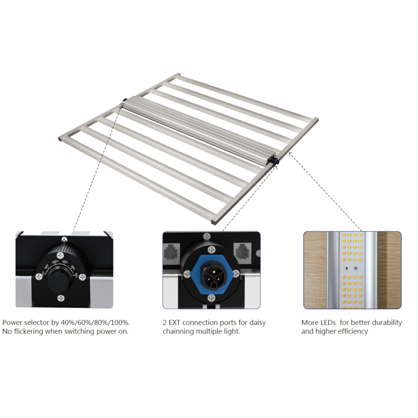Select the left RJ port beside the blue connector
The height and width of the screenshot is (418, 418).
(171, 251)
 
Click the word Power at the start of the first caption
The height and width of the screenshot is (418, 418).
(13, 322)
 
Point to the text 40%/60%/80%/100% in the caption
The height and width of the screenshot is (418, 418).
(96, 322)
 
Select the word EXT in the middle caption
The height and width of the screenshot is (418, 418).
(175, 322)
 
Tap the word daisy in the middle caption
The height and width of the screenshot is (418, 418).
(258, 323)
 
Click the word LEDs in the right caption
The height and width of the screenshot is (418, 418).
(328, 322)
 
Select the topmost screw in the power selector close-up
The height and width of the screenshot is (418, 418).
(64, 239)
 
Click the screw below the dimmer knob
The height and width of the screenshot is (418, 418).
(61, 298)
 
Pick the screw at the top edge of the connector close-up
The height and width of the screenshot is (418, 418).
(207, 236)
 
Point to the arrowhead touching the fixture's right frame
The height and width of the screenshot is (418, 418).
(291, 154)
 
